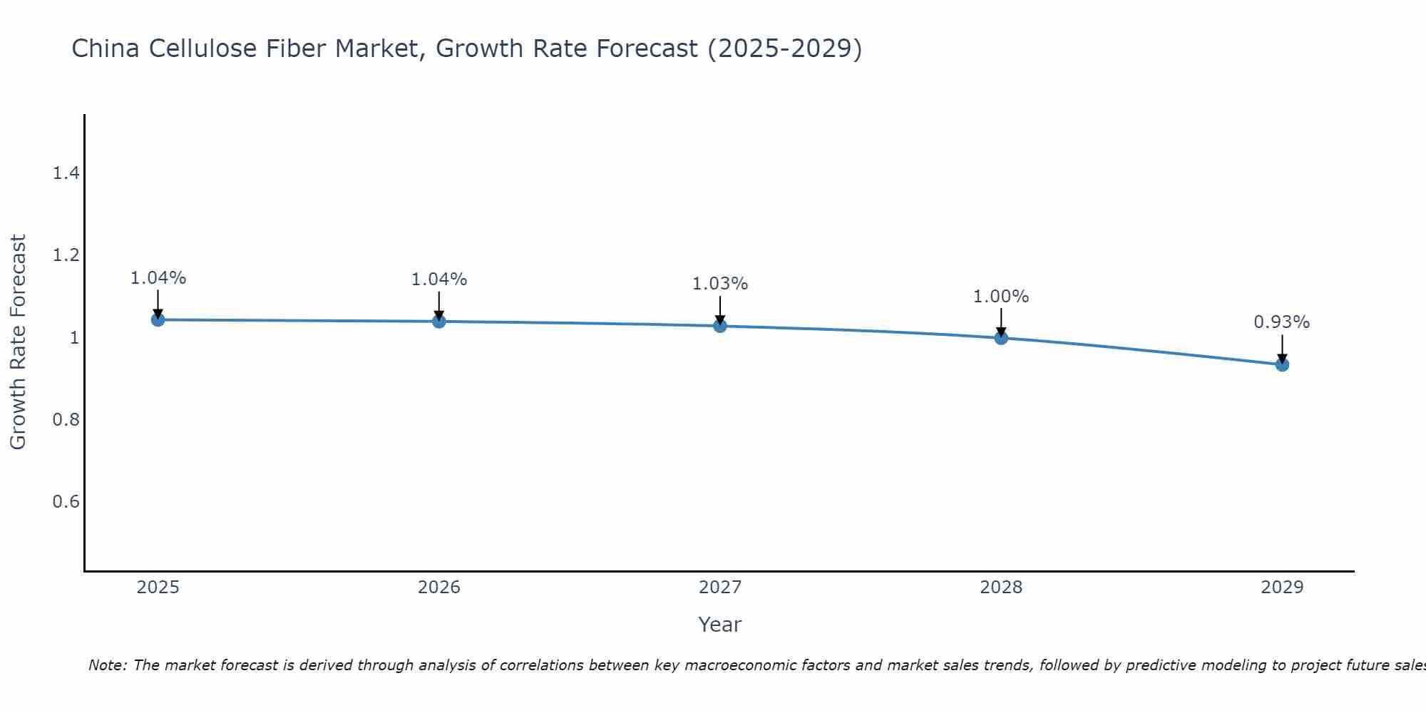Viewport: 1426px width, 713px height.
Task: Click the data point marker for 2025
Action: (x=158, y=319)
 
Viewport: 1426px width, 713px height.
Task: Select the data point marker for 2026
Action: (x=439, y=322)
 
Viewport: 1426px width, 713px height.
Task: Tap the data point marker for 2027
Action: (x=720, y=326)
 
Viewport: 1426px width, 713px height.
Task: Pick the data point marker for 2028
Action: (x=1001, y=338)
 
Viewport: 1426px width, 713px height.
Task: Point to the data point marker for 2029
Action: (x=1282, y=364)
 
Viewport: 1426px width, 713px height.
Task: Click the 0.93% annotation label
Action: (x=1281, y=322)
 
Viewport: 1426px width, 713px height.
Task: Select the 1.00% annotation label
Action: (x=1001, y=297)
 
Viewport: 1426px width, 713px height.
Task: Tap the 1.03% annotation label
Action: (x=720, y=284)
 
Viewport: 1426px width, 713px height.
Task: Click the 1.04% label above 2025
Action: (x=158, y=278)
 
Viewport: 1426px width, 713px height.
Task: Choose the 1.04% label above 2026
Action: (x=439, y=279)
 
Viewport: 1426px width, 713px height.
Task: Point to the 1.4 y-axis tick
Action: (x=66, y=173)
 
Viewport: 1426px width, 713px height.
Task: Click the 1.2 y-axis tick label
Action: (x=66, y=255)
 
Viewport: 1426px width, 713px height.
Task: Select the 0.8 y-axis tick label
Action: (x=66, y=419)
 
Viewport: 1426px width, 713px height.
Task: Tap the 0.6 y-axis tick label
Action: (x=66, y=501)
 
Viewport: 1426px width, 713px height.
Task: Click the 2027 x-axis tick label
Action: (x=720, y=588)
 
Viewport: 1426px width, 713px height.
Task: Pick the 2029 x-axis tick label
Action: (x=1282, y=588)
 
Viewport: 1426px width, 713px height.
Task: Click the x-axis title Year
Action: (x=720, y=625)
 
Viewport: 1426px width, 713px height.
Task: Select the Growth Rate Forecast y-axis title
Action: (x=19, y=342)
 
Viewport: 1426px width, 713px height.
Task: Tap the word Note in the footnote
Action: (x=107, y=665)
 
